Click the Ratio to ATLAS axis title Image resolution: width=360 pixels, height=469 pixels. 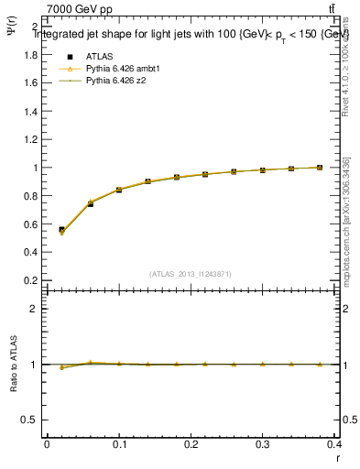coord(14,365)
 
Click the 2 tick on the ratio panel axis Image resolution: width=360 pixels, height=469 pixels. coord(34,309)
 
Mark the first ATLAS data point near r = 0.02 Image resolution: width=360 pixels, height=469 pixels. coord(61,230)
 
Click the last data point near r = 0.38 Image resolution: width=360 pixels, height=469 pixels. coord(320,168)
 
